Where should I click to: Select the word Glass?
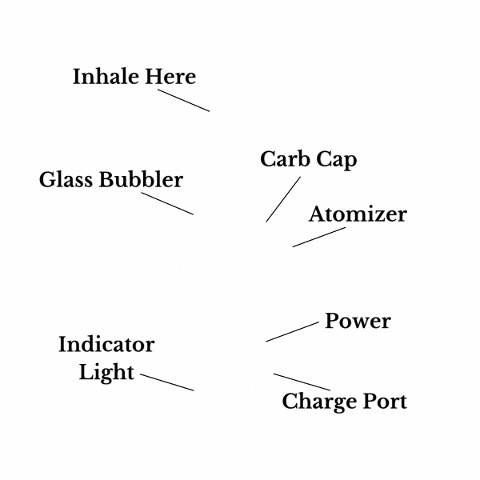(x=66, y=180)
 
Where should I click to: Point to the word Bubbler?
(x=141, y=180)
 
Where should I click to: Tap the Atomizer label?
(x=358, y=214)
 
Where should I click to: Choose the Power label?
(x=358, y=322)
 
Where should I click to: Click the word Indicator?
(x=106, y=345)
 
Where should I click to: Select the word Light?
(x=106, y=372)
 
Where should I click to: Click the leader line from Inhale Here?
(x=183, y=100)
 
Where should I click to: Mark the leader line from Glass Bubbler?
(x=167, y=203)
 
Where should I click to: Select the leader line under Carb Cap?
(x=283, y=199)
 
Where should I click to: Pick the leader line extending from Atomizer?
(x=319, y=237)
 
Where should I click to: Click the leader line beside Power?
(x=292, y=331)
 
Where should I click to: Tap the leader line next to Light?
(x=166, y=382)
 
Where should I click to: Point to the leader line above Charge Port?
(x=302, y=382)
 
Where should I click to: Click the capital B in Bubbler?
(x=106, y=180)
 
